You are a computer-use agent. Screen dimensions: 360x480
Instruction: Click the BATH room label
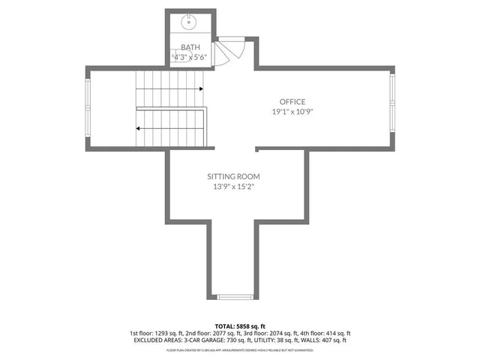coord(190,47)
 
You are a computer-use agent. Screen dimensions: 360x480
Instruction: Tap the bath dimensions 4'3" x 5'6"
coord(190,57)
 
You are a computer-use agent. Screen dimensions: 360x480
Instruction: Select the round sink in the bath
coord(188,24)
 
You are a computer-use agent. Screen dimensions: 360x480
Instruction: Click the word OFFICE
coord(292,102)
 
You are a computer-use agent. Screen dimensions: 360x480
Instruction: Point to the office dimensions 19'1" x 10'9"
coord(292,112)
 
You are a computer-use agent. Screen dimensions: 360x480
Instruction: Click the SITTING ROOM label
coord(234,177)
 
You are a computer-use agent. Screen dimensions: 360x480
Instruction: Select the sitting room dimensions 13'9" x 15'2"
coord(234,187)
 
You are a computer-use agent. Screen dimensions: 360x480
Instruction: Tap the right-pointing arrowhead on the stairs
coord(202,89)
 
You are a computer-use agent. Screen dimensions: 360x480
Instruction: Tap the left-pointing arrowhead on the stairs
coord(139,128)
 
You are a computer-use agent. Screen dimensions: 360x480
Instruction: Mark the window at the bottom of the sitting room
coord(235,296)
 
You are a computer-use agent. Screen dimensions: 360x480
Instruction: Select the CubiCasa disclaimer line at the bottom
coord(240,349)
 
